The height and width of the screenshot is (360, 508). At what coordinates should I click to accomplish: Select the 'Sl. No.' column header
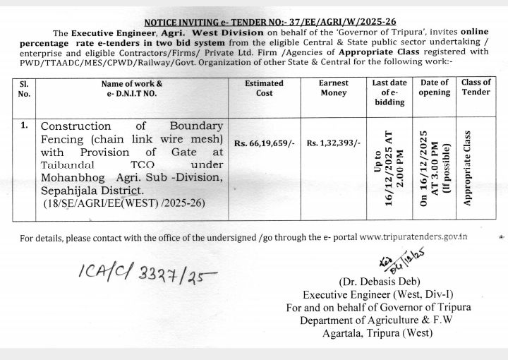tap(24, 88)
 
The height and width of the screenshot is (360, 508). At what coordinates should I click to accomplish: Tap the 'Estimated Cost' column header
tap(264, 88)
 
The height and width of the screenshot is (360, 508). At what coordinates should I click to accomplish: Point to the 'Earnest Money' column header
tap(332, 88)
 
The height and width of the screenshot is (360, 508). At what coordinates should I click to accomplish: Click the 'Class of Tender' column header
tap(476, 88)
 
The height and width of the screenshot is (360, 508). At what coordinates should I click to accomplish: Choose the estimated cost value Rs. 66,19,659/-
tap(264, 143)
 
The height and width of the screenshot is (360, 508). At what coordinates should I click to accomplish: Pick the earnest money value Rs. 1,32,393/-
tap(333, 143)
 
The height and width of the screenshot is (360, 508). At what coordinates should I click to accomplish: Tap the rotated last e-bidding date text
tap(389, 167)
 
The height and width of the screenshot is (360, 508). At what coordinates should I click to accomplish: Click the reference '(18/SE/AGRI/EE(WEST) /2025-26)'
tap(121, 203)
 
